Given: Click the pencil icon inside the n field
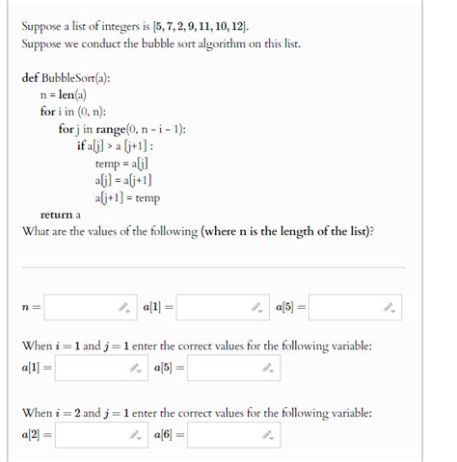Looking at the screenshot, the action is (x=123, y=308).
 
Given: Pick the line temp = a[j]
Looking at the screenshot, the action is (x=121, y=164).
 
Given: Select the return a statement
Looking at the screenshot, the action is (x=61, y=215).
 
